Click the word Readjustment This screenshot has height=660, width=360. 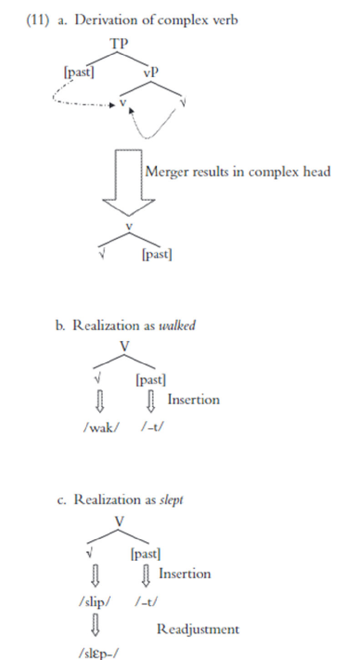[x=198, y=630]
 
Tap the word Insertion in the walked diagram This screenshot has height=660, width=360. [x=193, y=400]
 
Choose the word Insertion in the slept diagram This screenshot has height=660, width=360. [x=185, y=574]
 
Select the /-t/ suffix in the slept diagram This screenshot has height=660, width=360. [x=147, y=602]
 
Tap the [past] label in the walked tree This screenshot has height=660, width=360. [x=151, y=379]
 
